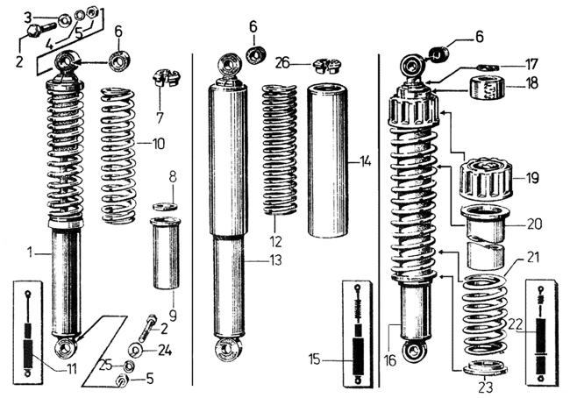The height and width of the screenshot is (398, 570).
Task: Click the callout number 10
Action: [158, 144]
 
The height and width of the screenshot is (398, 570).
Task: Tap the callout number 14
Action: [364, 161]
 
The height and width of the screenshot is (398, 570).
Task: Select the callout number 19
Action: [531, 178]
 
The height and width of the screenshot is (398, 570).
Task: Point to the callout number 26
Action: [282, 63]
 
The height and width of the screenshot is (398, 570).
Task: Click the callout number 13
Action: [275, 260]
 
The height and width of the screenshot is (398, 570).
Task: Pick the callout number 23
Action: [485, 387]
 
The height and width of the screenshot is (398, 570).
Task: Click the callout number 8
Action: [173, 178]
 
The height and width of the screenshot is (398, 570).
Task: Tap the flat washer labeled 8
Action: [166, 206]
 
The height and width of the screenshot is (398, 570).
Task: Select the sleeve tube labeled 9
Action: [166, 253]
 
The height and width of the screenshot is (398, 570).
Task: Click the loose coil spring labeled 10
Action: [118, 155]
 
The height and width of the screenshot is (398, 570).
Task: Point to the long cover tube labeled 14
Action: [328, 160]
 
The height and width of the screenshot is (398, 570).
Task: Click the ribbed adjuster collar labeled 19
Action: [486, 179]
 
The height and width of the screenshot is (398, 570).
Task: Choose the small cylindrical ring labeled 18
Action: [487, 88]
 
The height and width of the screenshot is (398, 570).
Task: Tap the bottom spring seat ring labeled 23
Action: [486, 368]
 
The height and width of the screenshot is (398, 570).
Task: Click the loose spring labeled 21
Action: [485, 315]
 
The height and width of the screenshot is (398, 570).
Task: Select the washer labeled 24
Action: [137, 351]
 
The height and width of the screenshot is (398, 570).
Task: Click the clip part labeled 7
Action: [166, 78]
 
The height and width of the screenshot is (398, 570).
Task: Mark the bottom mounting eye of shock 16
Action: [413, 352]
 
